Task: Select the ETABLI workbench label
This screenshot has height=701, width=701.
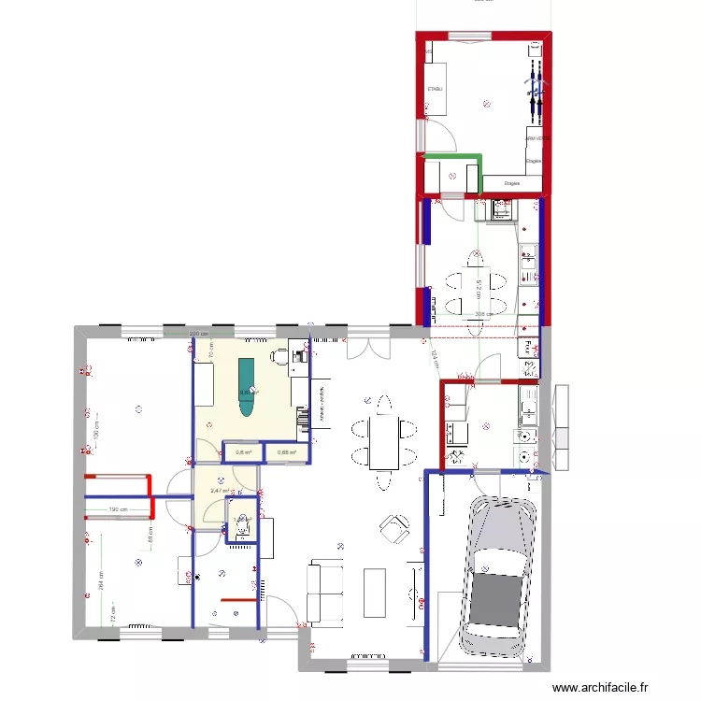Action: coord(435,89)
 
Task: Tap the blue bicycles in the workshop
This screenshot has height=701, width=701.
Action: coord(536,87)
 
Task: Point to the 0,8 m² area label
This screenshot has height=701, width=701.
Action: coord(243,453)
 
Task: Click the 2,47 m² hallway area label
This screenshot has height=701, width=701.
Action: coord(220,490)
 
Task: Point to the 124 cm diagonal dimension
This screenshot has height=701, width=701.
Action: coord(436,358)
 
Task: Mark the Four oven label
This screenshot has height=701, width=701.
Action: coord(528,347)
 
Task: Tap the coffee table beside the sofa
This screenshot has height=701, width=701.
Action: coord(375,592)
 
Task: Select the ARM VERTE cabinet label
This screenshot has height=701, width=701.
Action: coord(536,138)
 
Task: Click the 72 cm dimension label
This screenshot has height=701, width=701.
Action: coord(112,619)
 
